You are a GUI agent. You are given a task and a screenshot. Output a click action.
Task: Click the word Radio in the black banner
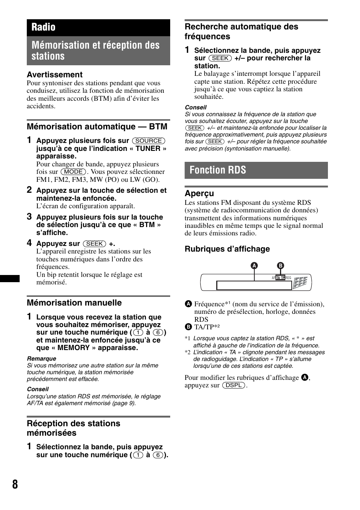tap(43, 27)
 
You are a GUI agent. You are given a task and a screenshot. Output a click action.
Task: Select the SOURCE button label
tap(149, 141)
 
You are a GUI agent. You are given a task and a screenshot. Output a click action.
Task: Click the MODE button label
tap(74, 172)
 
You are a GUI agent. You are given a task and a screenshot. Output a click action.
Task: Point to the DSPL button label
tap(234, 385)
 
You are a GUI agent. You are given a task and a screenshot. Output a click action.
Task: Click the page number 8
tap(15, 484)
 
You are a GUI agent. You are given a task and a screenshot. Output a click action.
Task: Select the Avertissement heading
tap(54, 75)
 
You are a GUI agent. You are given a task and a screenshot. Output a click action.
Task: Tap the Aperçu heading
tap(199, 194)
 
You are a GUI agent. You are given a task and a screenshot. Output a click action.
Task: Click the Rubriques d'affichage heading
tap(227, 249)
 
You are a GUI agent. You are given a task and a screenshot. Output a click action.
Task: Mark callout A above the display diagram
tap(254, 266)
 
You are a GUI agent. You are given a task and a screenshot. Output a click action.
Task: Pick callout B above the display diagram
tap(280, 266)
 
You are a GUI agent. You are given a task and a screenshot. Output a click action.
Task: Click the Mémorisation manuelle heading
tap(74, 303)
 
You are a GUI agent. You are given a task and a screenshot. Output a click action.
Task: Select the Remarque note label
tap(42, 359)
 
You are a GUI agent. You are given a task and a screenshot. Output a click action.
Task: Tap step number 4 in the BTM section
tap(29, 243)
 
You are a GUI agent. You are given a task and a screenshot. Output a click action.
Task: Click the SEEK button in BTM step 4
tap(94, 244)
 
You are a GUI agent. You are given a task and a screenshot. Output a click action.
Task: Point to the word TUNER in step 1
tap(148, 149)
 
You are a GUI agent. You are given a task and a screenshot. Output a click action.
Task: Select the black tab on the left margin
tap(10, 279)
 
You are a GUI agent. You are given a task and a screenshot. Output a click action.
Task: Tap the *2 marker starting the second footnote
tap(188, 352)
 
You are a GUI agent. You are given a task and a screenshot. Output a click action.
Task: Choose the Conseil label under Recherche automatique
tap(195, 108)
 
